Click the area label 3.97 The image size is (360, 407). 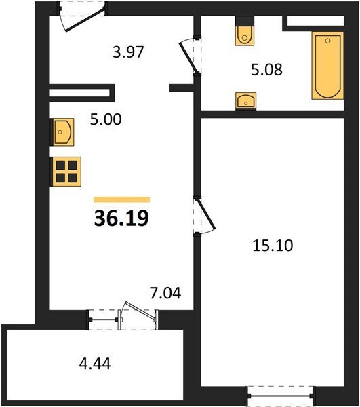(128, 52)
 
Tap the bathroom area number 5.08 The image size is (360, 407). (266, 70)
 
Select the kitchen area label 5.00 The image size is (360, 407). (106, 119)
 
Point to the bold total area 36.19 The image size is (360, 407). (121, 218)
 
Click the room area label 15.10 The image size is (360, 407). (273, 246)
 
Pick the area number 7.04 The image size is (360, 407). (165, 293)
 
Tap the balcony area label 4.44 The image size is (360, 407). (95, 364)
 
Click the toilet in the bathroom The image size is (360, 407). (245, 35)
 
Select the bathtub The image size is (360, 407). (328, 65)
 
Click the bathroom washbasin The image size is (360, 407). (246, 100)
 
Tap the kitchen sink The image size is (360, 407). (63, 132)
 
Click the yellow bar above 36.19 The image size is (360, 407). (122, 199)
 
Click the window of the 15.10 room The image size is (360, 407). (281, 395)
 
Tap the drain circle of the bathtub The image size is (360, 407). (328, 41)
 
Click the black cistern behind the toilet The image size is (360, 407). (245, 21)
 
